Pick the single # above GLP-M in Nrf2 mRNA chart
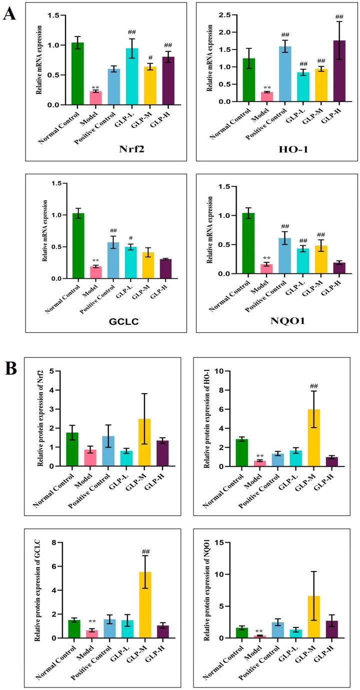(x=150, y=57)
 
